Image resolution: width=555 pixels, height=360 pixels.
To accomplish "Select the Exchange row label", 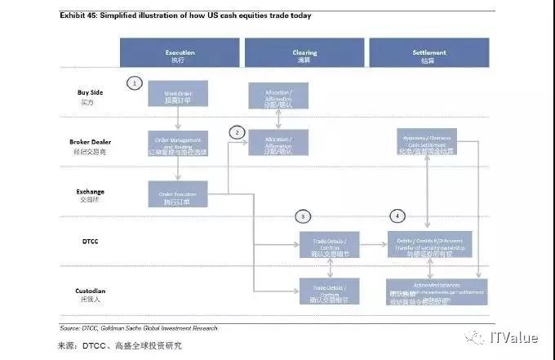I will click(x=91, y=195).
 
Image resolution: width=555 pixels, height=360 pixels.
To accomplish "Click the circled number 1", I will click(x=135, y=82).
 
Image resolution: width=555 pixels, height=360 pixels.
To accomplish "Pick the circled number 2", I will click(x=238, y=132).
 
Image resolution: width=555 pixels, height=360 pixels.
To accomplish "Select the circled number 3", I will click(x=303, y=216).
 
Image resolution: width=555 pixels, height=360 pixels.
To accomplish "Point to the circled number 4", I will click(x=397, y=216).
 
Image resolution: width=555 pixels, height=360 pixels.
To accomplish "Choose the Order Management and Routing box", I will click(x=178, y=143).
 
